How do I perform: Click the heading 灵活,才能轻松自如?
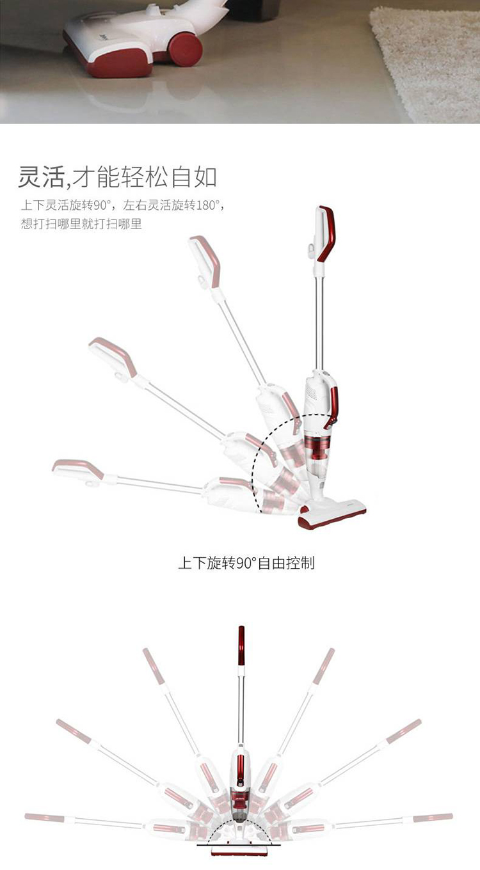tap(117, 177)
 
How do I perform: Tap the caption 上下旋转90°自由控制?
tap(246, 563)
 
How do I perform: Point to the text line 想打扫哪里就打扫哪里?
tap(81, 224)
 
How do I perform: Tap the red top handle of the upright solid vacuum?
tap(327, 233)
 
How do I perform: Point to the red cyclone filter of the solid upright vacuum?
tap(317, 447)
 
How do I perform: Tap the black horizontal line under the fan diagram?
tap(238, 845)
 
